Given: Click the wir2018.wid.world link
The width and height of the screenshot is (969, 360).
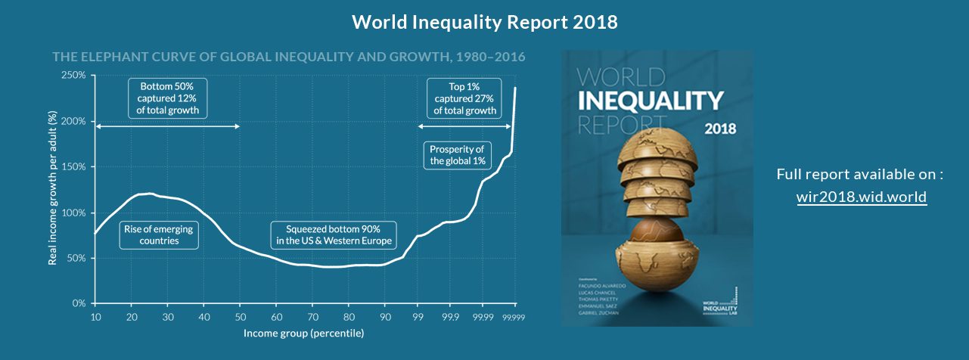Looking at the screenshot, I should [862, 197].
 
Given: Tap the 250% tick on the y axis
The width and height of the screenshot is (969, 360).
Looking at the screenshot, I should [74, 76].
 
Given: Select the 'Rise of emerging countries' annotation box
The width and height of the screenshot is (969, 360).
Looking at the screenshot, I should [159, 235].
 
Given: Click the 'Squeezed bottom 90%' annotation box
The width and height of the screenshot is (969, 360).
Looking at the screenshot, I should [334, 235].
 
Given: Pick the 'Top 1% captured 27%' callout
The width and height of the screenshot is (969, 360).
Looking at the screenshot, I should [464, 98].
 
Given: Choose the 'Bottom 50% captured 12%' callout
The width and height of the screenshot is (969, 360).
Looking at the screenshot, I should [168, 98].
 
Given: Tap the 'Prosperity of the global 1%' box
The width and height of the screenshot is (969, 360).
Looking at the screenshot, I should [457, 154].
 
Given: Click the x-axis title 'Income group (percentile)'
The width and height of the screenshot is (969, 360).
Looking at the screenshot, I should [303, 333].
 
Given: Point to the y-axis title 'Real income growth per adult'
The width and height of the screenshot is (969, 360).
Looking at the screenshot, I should [52, 189].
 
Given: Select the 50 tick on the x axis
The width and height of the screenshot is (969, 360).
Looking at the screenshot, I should [240, 318].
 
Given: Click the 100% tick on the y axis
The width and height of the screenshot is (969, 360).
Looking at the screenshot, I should [74, 213].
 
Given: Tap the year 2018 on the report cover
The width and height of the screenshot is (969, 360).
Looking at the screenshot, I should [720, 129].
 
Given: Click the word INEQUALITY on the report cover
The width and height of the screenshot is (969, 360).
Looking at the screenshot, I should [651, 101].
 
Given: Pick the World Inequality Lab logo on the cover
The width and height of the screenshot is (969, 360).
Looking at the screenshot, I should [720, 306].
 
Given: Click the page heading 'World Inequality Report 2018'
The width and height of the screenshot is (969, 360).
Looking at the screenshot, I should [485, 22].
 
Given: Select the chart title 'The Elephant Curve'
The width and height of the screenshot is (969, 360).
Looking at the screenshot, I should [288, 57].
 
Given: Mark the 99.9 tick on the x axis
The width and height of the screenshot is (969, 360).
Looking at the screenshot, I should [449, 318].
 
